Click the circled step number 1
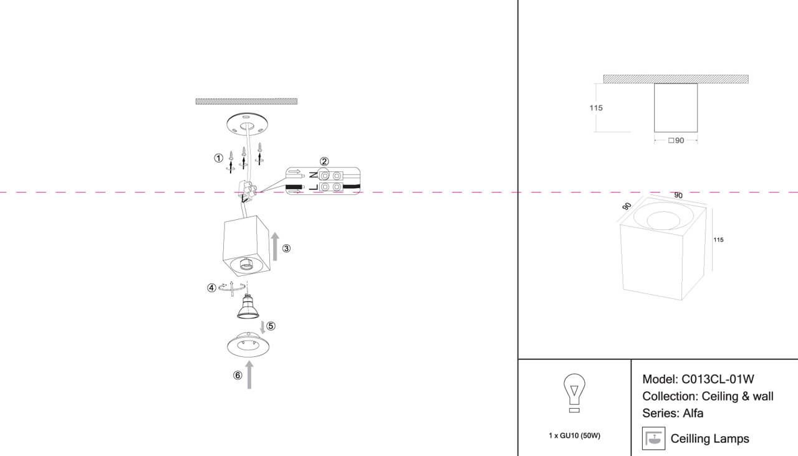(x=218, y=158)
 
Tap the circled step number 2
(x=324, y=161)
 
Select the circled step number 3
(x=286, y=249)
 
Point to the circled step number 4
(x=211, y=288)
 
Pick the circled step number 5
(x=271, y=326)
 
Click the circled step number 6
(x=238, y=375)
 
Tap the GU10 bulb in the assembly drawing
(x=248, y=306)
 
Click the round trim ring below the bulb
(x=248, y=344)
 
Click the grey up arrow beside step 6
(x=249, y=375)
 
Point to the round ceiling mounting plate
(x=247, y=123)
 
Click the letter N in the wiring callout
(x=314, y=175)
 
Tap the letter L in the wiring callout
(x=314, y=188)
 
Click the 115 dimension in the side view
(x=596, y=108)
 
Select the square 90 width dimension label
(x=676, y=141)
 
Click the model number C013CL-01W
(x=718, y=379)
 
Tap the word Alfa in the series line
(x=693, y=413)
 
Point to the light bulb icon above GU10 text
(x=574, y=393)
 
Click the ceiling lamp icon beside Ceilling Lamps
(x=654, y=439)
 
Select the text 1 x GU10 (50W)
(x=574, y=435)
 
